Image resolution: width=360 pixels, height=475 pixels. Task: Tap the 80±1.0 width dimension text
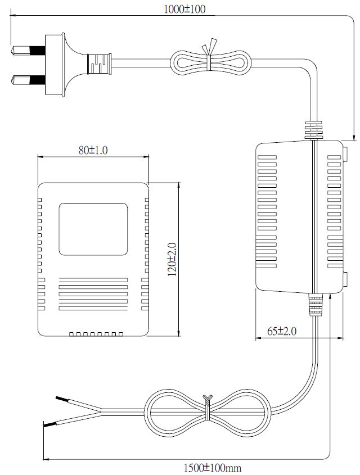click(x=93, y=150)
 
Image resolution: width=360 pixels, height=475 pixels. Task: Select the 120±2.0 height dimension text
click(x=172, y=259)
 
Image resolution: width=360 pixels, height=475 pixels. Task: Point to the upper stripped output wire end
click(x=62, y=400)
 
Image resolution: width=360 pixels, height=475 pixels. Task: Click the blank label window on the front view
click(x=93, y=229)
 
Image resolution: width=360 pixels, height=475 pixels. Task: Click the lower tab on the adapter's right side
click(x=345, y=279)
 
